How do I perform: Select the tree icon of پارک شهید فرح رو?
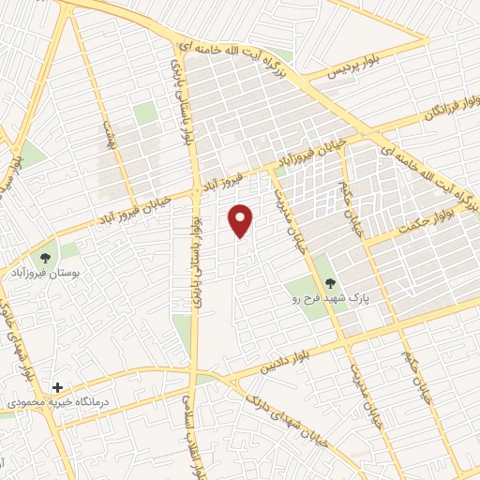(329, 282)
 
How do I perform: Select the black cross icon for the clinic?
(58, 386)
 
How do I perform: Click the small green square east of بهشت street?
(145, 113)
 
